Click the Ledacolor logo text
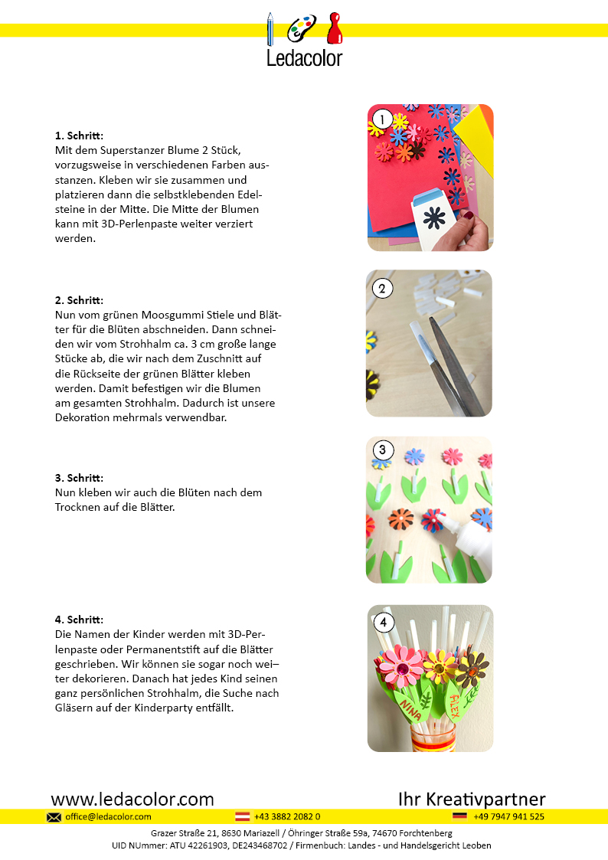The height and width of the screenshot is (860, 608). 304,57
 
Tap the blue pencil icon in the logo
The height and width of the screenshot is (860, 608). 270,30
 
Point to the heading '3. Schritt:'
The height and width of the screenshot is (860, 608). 80,478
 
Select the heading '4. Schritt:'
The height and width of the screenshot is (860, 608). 80,620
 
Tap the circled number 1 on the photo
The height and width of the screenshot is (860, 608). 381,119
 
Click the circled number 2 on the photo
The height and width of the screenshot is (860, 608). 381,289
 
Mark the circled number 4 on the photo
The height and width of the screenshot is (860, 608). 382,622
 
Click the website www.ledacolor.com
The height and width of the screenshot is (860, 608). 132,800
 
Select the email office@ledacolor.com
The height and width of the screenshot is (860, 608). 108,817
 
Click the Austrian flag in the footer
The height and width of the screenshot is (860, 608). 242,817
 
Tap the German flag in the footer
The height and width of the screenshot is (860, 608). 459,817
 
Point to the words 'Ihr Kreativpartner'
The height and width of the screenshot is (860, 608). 472,800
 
